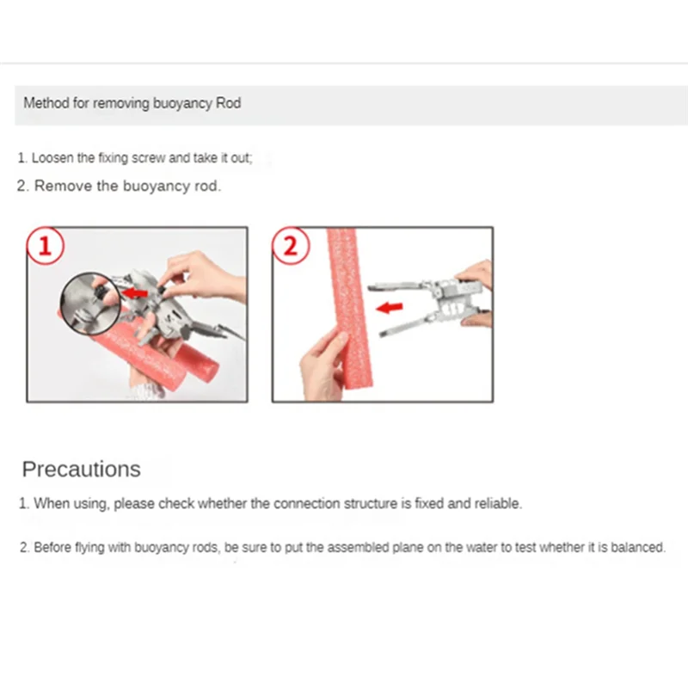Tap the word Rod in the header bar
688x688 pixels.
tap(229, 102)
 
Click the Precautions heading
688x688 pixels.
tap(81, 469)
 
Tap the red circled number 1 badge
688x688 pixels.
tap(46, 246)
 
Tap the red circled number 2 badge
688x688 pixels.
tap(291, 246)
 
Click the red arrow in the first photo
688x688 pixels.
tap(135, 292)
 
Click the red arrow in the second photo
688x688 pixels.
tap(390, 308)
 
